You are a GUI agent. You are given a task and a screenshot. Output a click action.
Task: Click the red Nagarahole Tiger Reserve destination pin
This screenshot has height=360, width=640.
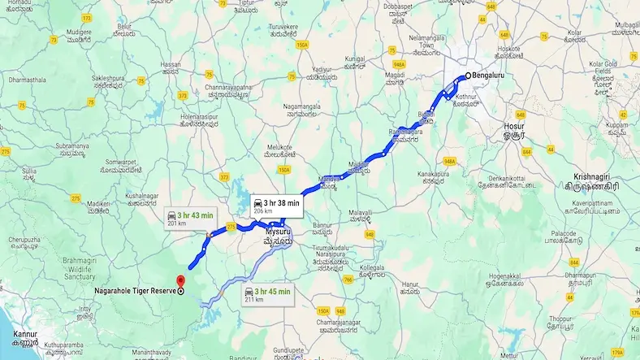[x=180, y=281]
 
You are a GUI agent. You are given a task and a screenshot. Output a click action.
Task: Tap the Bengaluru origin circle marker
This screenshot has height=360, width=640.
[x=467, y=77]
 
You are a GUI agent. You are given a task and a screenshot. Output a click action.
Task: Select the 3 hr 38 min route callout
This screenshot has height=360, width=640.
[x=276, y=206]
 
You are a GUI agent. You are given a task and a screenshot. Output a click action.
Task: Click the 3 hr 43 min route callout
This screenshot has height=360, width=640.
[x=191, y=218]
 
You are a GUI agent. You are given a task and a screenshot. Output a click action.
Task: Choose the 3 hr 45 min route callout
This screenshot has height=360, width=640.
[x=267, y=293]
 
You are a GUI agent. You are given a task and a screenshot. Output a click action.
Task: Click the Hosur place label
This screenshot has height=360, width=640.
[x=515, y=128]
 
